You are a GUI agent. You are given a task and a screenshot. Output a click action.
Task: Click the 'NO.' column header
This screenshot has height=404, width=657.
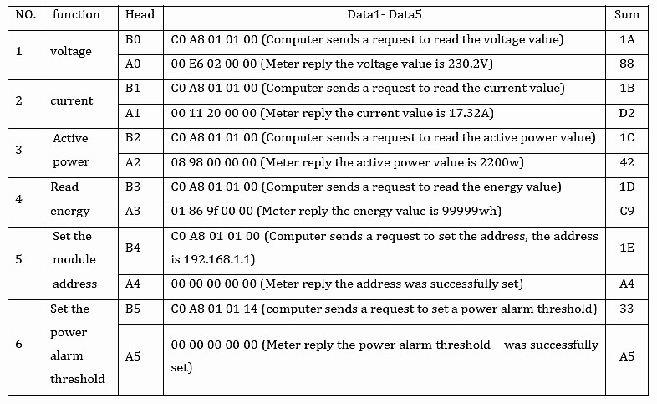26,15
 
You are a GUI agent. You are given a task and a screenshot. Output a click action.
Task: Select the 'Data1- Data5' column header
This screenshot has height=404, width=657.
385,15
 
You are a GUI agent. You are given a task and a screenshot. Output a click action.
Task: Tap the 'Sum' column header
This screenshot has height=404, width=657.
626,15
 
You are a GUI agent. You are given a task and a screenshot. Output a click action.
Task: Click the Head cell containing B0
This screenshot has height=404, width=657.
133,39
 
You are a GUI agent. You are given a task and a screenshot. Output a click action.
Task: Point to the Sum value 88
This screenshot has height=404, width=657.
626,64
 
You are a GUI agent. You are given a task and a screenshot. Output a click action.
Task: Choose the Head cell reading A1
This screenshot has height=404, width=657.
133,113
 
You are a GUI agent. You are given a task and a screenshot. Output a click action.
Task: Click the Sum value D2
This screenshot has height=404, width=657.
626,113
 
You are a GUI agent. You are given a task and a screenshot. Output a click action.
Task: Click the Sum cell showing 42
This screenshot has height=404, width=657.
626,162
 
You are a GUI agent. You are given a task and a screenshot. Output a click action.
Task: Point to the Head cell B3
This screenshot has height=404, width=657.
133,187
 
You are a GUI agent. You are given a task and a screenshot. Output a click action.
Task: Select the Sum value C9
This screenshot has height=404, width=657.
626,211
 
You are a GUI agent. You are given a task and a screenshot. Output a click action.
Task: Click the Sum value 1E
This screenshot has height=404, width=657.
626,248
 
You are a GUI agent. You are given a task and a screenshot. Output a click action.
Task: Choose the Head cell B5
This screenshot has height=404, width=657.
133,309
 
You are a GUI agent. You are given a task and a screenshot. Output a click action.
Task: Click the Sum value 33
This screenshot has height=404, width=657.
626,309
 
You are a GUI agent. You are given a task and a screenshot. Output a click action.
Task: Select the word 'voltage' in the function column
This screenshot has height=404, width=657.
71,52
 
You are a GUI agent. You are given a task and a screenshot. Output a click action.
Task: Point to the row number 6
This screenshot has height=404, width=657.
19,344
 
